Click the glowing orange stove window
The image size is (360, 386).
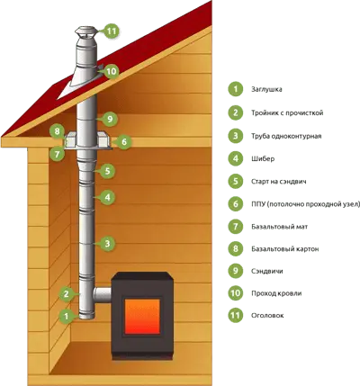pos(142,317)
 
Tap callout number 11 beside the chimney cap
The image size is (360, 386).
pos(112,31)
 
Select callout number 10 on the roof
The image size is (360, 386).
pos(111,71)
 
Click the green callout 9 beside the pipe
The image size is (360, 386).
pos(110,119)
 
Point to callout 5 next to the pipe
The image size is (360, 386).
pos(107,171)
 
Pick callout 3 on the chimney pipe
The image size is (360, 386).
pos(108,244)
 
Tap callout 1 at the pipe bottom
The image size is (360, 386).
pos(67,316)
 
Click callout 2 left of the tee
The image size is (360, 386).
pos(67,294)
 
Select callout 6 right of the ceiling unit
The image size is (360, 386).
pos(124,141)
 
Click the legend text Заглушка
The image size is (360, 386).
pos(266,89)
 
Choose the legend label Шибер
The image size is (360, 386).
pos(263,158)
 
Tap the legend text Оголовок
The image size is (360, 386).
pos(267,316)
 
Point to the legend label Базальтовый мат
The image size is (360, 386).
pos(280,227)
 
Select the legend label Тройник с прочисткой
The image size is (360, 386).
pos(287,113)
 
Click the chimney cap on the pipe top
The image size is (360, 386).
pos(86,31)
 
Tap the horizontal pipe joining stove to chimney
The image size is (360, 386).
pos(103,294)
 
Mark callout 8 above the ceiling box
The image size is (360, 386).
pos(58,131)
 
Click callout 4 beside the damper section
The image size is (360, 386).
pos(107,197)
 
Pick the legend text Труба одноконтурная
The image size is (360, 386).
pos(286,136)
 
